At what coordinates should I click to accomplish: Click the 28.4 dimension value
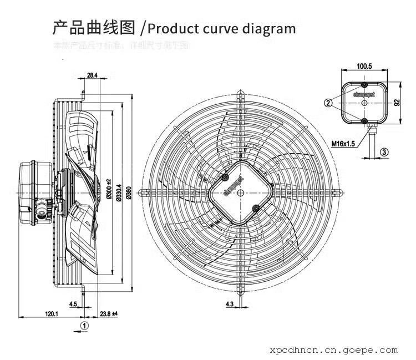[92, 75]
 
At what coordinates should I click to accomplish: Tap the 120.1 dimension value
[52, 314]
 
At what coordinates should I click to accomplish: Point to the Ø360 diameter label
[129, 191]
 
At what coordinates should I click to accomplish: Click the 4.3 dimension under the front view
[229, 304]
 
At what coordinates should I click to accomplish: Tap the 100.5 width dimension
[364, 67]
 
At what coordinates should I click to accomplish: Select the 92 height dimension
[397, 103]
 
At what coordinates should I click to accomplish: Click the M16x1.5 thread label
[343, 143]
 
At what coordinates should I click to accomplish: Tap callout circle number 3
[384, 152]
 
